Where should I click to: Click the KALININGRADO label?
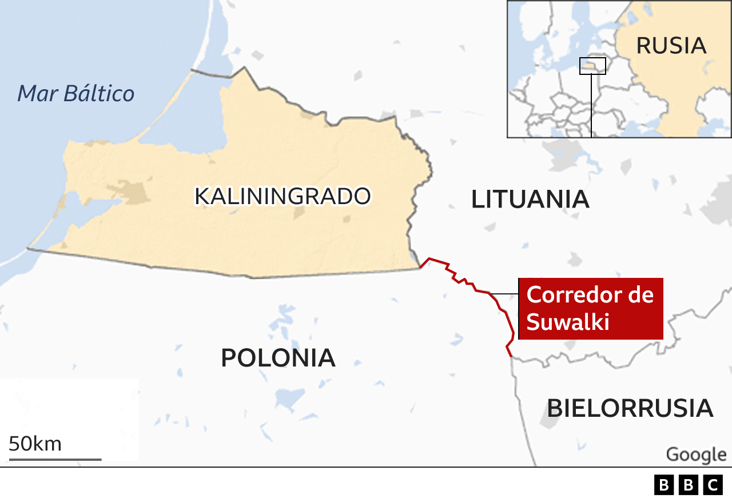click(283, 196)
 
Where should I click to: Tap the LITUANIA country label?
click(530, 200)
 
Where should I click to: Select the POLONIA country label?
click(278, 358)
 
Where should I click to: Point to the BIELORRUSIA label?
click(630, 408)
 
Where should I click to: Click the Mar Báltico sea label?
click(76, 93)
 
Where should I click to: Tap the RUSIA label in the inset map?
click(671, 46)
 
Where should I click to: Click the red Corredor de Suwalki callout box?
click(590, 309)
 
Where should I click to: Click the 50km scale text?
click(35, 444)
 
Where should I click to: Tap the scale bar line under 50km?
click(55, 459)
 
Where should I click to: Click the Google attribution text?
click(695, 455)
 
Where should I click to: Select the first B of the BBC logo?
click(663, 485)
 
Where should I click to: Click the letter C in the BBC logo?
click(713, 485)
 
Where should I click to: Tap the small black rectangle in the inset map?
click(592, 66)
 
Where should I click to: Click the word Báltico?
click(100, 93)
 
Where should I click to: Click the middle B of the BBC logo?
click(688, 485)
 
